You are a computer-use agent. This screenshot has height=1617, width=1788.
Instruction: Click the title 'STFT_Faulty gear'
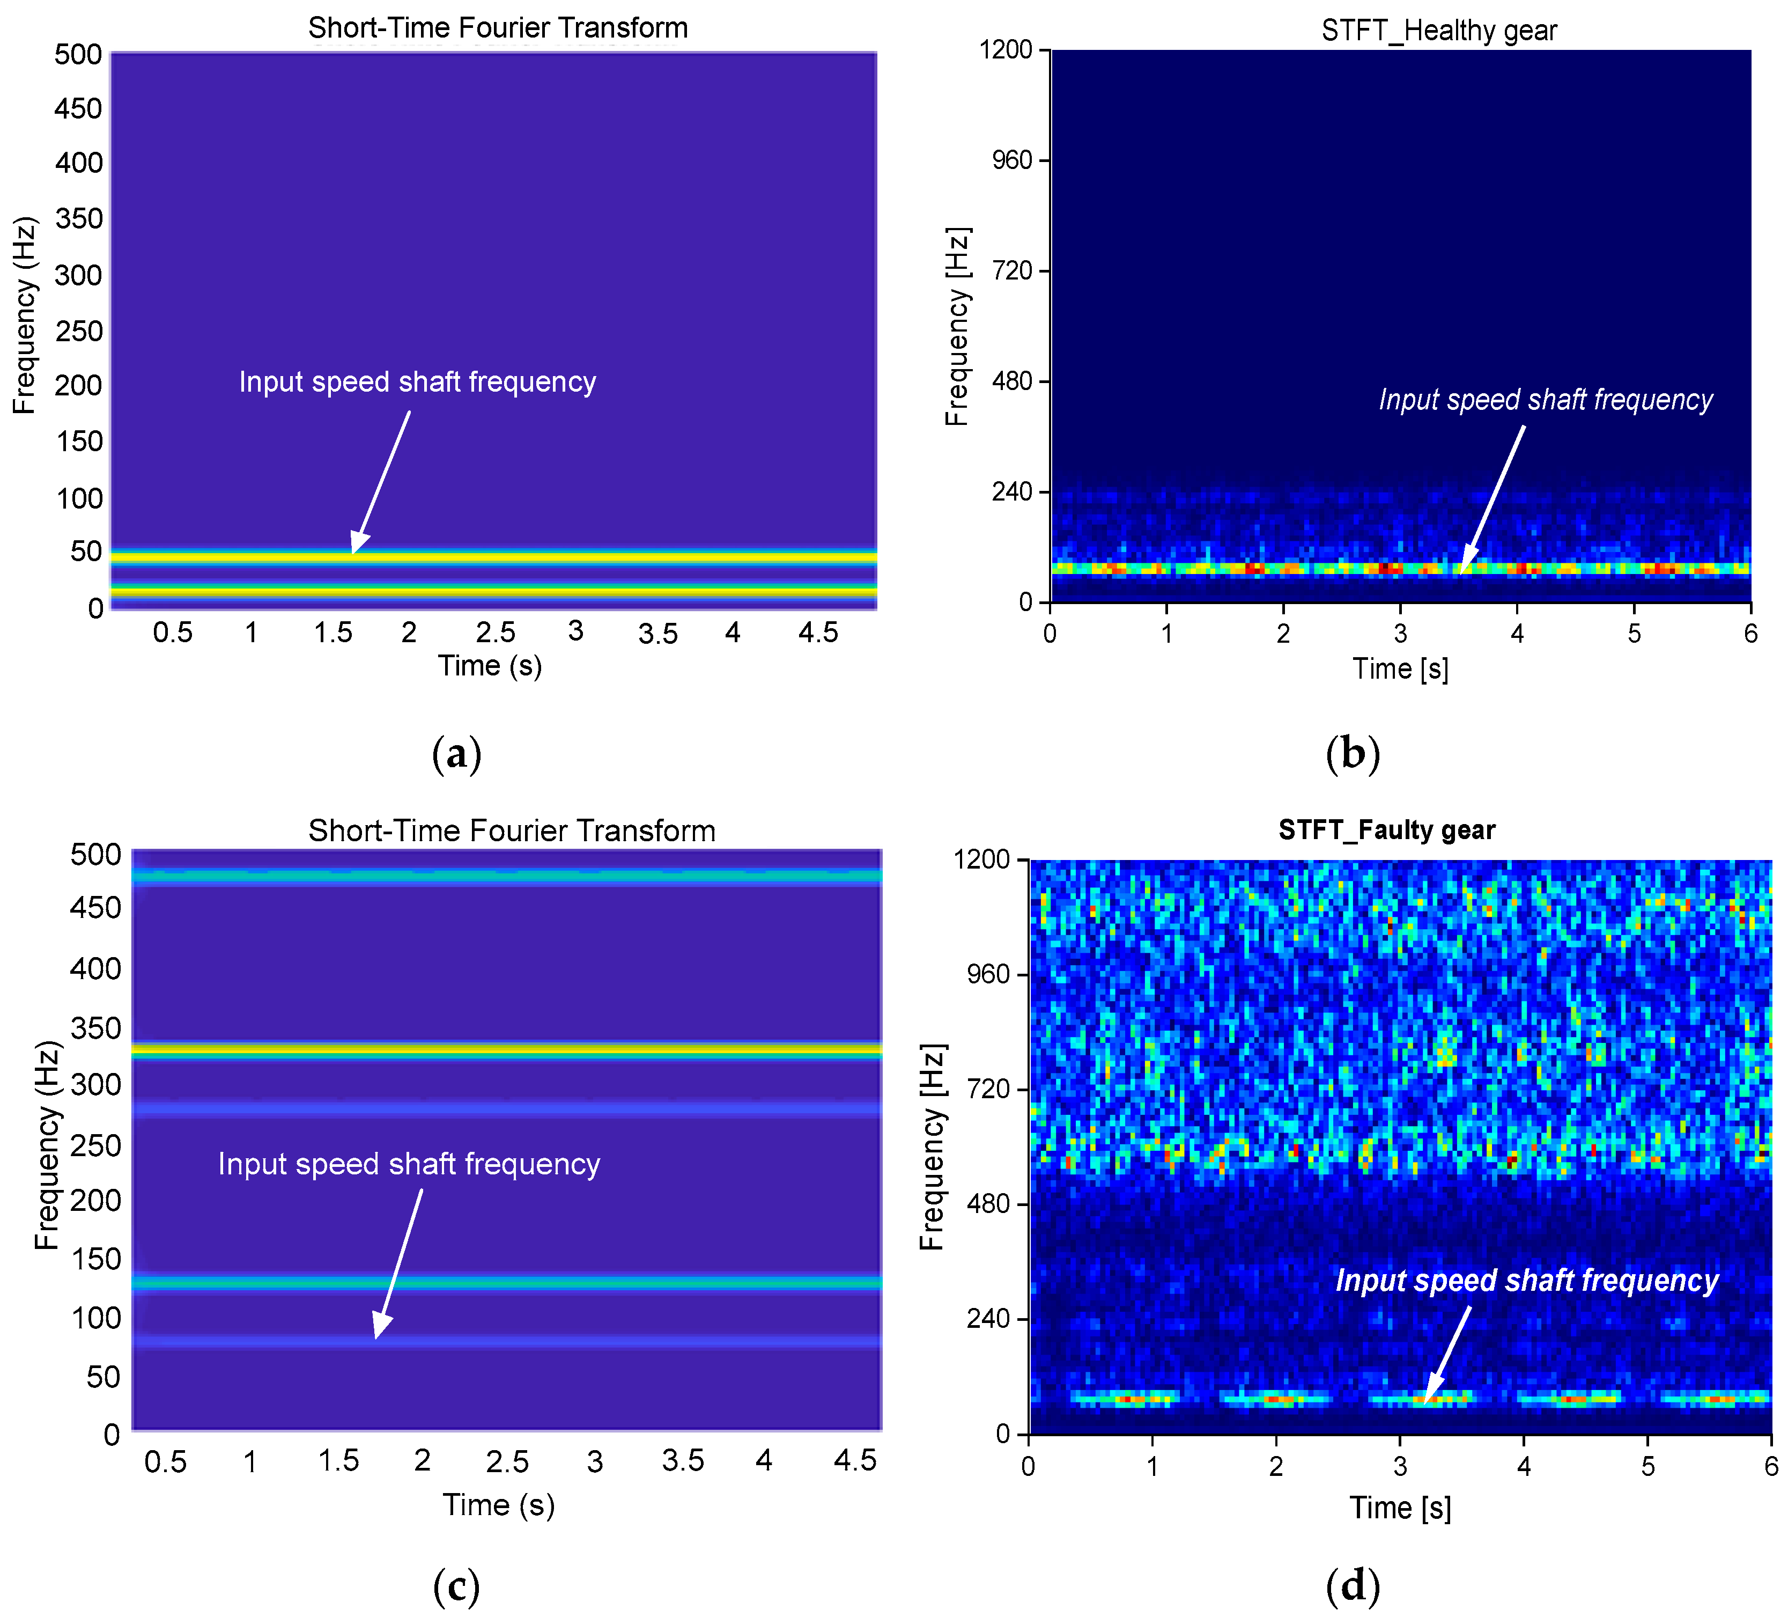coord(1386,830)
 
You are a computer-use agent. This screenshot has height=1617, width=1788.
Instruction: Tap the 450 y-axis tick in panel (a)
coord(78,108)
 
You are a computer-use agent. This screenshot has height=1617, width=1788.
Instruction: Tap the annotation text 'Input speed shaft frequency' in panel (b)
coord(1545,400)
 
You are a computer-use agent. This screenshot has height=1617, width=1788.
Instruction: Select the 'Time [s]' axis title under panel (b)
coord(1400,669)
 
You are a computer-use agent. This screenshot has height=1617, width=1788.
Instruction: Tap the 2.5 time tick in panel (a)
coord(495,633)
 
